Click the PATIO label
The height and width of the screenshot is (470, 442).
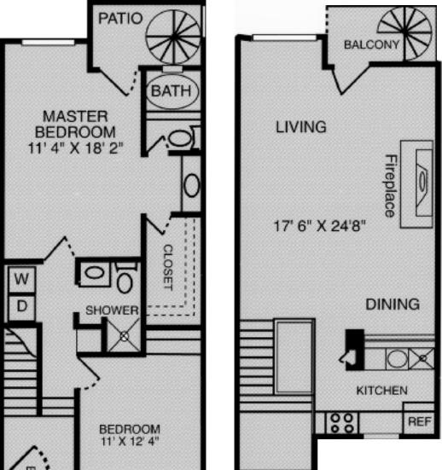(120, 18)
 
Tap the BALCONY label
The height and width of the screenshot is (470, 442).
(371, 44)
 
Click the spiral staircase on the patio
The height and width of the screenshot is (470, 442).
(173, 37)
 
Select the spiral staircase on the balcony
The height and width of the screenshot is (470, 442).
(404, 32)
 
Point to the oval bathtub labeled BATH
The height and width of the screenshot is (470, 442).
(172, 90)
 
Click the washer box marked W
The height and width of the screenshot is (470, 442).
(21, 280)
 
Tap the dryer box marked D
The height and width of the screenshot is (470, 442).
(21, 306)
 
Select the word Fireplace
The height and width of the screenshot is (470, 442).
(390, 186)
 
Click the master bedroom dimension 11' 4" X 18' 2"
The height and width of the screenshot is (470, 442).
(76, 148)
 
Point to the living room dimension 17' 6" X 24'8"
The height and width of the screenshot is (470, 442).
(320, 226)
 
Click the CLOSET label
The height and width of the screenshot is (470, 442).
(168, 267)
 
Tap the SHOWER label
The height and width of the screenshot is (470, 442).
(112, 310)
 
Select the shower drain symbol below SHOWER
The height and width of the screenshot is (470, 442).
(124, 336)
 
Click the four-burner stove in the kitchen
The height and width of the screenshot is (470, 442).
(342, 422)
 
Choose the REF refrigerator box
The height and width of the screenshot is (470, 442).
(419, 421)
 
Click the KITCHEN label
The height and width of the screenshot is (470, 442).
(381, 391)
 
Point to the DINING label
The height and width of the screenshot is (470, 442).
(393, 305)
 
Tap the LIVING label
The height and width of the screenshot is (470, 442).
(301, 127)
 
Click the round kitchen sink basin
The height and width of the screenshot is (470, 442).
(397, 359)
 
